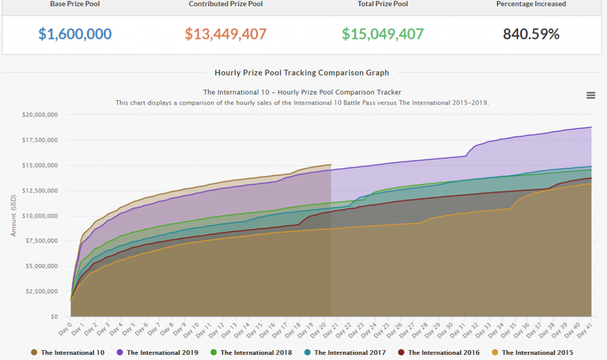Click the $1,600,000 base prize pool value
pyautogui.click(x=75, y=34)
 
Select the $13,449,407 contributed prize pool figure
pyautogui.click(x=226, y=34)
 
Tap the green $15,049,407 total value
pyautogui.click(x=383, y=34)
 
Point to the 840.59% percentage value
pyautogui.click(x=531, y=34)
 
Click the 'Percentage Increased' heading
pyautogui.click(x=531, y=4)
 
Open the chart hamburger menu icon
pyautogui.click(x=590, y=95)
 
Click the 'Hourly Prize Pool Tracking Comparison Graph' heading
pyautogui.click(x=302, y=73)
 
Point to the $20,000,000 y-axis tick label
pyautogui.click(x=40, y=115)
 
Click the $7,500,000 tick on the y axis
pyautogui.click(x=42, y=241)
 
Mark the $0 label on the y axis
pyautogui.click(x=53, y=316)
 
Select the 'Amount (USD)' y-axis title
pyautogui.click(x=13, y=215)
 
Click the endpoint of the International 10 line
pyautogui.click(x=330, y=165)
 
